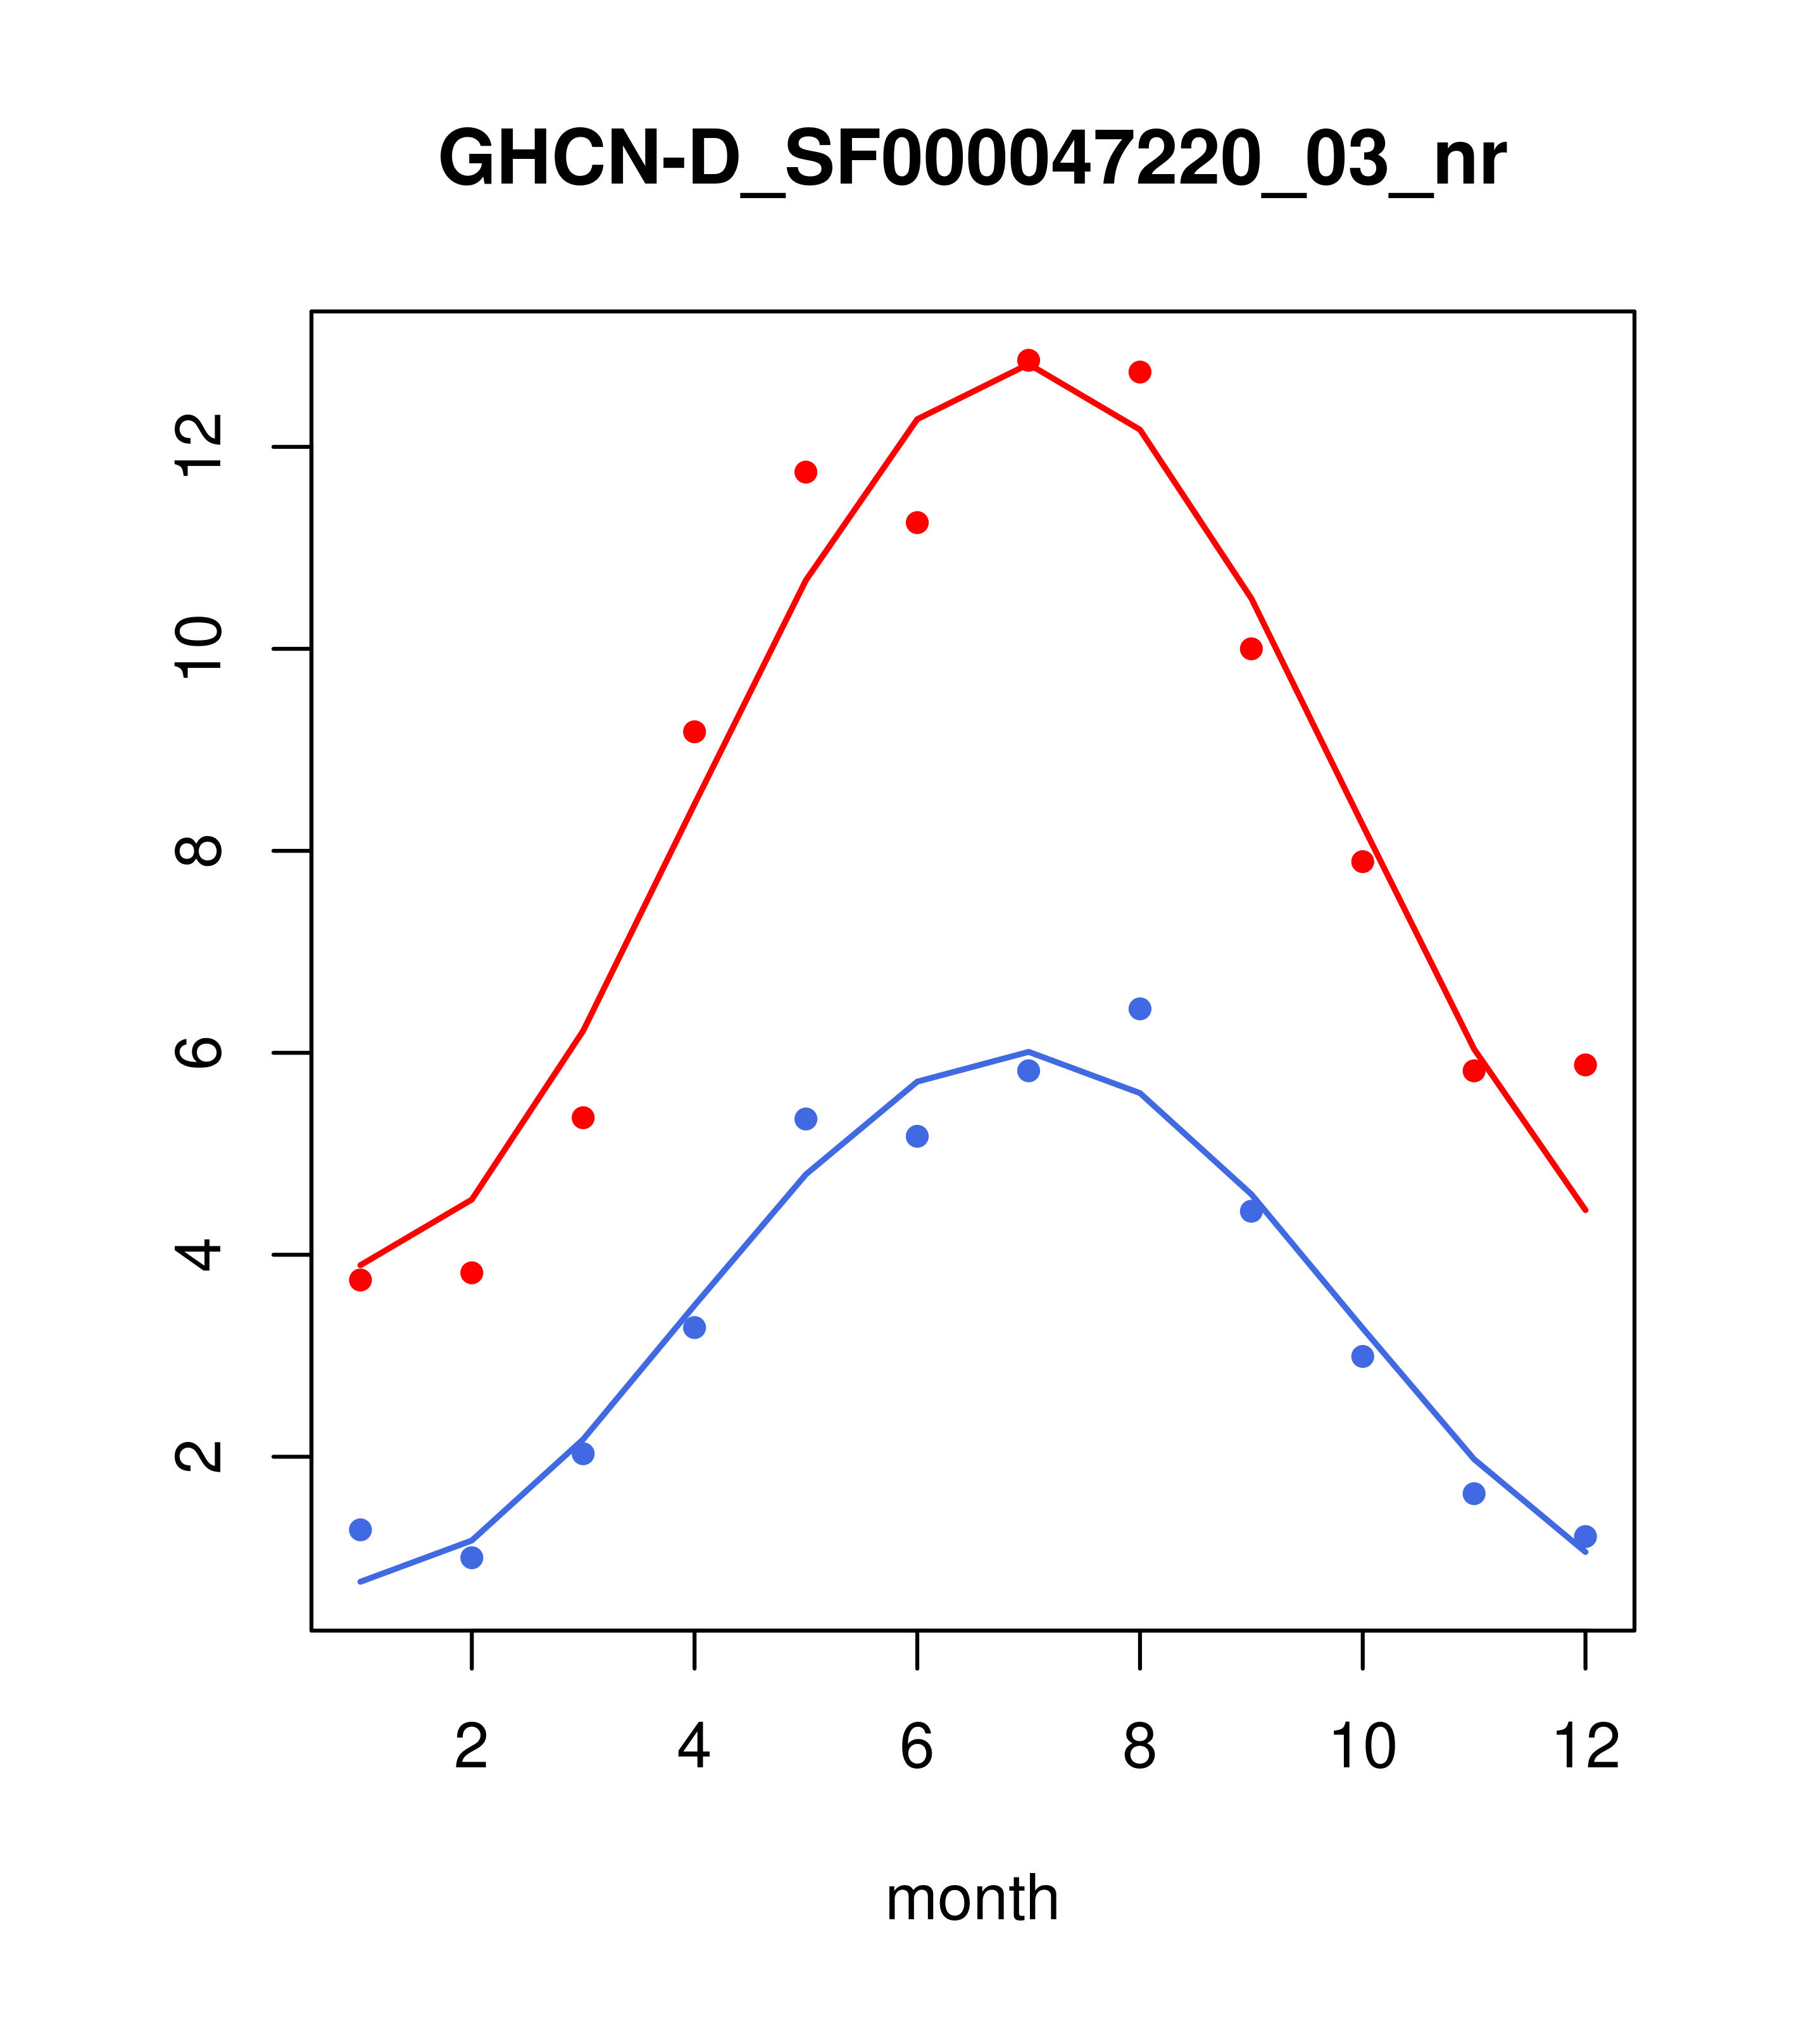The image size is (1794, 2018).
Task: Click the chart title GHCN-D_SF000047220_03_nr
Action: (972, 159)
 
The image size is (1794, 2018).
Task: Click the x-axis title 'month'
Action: (972, 1898)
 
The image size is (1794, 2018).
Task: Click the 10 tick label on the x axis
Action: (1362, 1746)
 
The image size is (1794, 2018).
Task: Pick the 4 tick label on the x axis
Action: (694, 1746)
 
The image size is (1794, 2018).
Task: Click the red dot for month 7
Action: (1029, 360)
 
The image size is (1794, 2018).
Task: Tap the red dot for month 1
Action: (360, 1279)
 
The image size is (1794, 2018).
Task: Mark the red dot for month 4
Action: (694, 732)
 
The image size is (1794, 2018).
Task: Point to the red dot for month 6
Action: (917, 522)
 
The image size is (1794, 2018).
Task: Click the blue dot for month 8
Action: (1140, 1008)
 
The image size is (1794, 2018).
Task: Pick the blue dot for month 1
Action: (360, 1529)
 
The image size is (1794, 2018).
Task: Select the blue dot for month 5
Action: (806, 1119)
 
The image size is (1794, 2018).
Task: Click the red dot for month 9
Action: (1251, 649)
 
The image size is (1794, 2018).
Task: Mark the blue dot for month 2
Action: (472, 1558)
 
